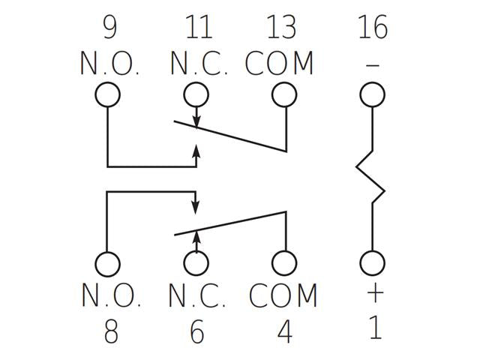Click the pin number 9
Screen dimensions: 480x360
(x=109, y=27)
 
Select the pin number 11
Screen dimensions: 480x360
(x=199, y=27)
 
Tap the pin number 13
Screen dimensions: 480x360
(x=281, y=27)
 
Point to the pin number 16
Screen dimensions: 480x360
(x=373, y=27)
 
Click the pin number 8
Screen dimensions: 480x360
(x=111, y=331)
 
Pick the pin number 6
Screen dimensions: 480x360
(x=196, y=331)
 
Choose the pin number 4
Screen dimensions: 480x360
(x=284, y=331)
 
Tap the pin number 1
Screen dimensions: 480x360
(x=375, y=327)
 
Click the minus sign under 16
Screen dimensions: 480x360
(x=373, y=65)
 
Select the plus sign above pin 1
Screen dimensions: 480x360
(x=375, y=293)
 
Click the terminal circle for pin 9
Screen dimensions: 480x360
(x=107, y=94)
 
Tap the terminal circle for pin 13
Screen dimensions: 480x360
(x=284, y=94)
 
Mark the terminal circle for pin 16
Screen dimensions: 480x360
(x=372, y=94)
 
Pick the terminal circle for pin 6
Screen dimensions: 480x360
(x=196, y=263)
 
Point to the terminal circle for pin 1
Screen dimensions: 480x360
(x=372, y=263)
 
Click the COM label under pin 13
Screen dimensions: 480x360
(x=279, y=63)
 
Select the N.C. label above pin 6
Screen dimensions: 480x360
(x=197, y=295)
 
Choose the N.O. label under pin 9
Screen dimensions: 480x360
(x=110, y=63)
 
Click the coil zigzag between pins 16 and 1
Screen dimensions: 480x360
(x=370, y=177)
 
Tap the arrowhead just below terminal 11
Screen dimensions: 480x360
(x=196, y=122)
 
